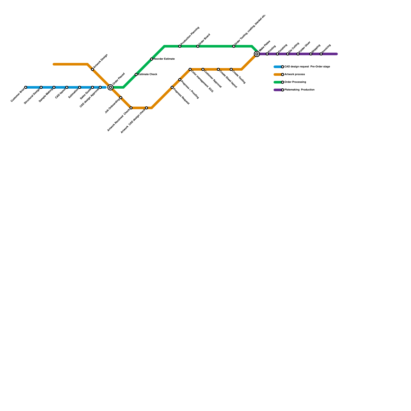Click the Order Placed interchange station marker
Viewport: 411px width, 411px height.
(110, 87)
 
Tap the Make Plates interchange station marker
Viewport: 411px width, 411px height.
(257, 54)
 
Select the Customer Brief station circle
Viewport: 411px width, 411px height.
(26, 87)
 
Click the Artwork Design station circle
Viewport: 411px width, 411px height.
(92, 69)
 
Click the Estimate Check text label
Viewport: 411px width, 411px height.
(147, 74)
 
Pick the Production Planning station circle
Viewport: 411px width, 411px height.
(180, 46)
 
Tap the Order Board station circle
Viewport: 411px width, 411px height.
(198, 46)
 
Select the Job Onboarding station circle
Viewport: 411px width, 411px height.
(121, 98)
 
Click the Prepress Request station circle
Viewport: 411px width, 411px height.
(172, 87)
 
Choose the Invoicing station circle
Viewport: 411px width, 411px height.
(321, 54)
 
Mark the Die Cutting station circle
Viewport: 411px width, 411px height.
(288, 54)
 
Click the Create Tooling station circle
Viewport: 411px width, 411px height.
(231, 69)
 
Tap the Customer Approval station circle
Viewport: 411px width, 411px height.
(203, 69)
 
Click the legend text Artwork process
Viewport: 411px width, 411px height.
(295, 74)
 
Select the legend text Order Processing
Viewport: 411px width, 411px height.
(295, 82)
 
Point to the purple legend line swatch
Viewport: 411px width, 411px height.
(278, 90)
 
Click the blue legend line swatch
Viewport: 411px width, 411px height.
(278, 67)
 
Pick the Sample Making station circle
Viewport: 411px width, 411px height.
(54, 87)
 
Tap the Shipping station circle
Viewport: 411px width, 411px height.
(311, 54)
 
